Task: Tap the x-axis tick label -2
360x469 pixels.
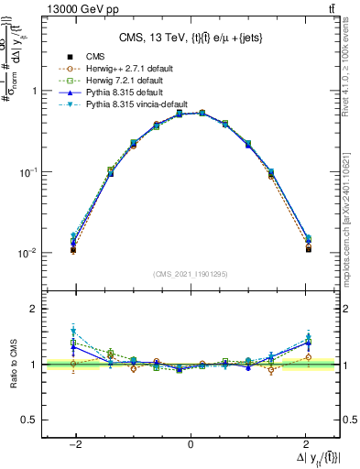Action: [76, 444]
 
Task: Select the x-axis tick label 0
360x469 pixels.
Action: [191, 444]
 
